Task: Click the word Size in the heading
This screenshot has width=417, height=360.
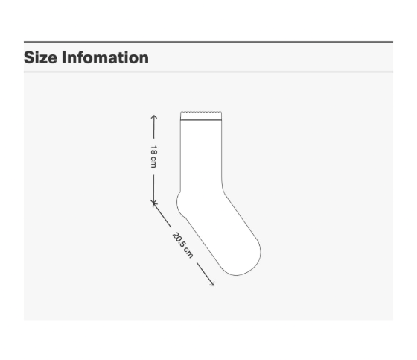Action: coord(40,57)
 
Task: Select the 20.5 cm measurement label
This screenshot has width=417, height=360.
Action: coord(182,245)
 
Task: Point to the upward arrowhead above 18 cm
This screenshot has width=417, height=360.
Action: coord(153,117)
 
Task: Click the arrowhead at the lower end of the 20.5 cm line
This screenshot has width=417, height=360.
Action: coord(213,285)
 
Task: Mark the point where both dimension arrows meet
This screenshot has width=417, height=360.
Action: coord(153,202)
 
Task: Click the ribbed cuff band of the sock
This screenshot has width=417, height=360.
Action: coord(202,116)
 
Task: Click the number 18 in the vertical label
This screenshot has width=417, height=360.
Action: coord(153,151)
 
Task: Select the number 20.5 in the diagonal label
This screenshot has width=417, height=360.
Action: coord(179,241)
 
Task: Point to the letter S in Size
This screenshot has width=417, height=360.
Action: coord(29,57)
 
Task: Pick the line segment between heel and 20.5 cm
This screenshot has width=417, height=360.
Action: coord(163,215)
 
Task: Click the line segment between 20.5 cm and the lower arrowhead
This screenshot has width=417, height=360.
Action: coord(203,273)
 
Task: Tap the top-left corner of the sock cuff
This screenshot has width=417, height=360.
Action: coord(181,113)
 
